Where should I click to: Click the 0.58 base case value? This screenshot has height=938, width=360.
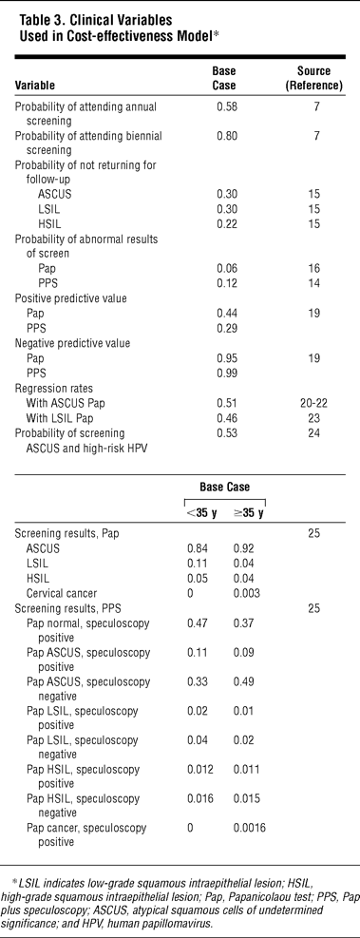225,107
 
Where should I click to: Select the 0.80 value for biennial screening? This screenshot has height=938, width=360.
225,136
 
